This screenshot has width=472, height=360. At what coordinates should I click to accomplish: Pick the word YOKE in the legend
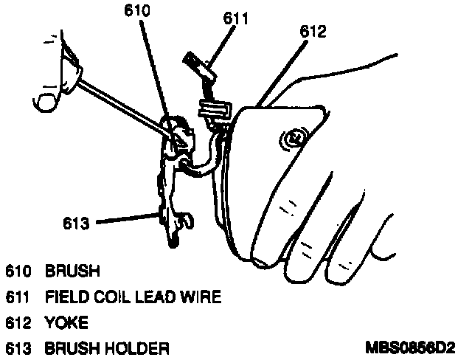point(66,322)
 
